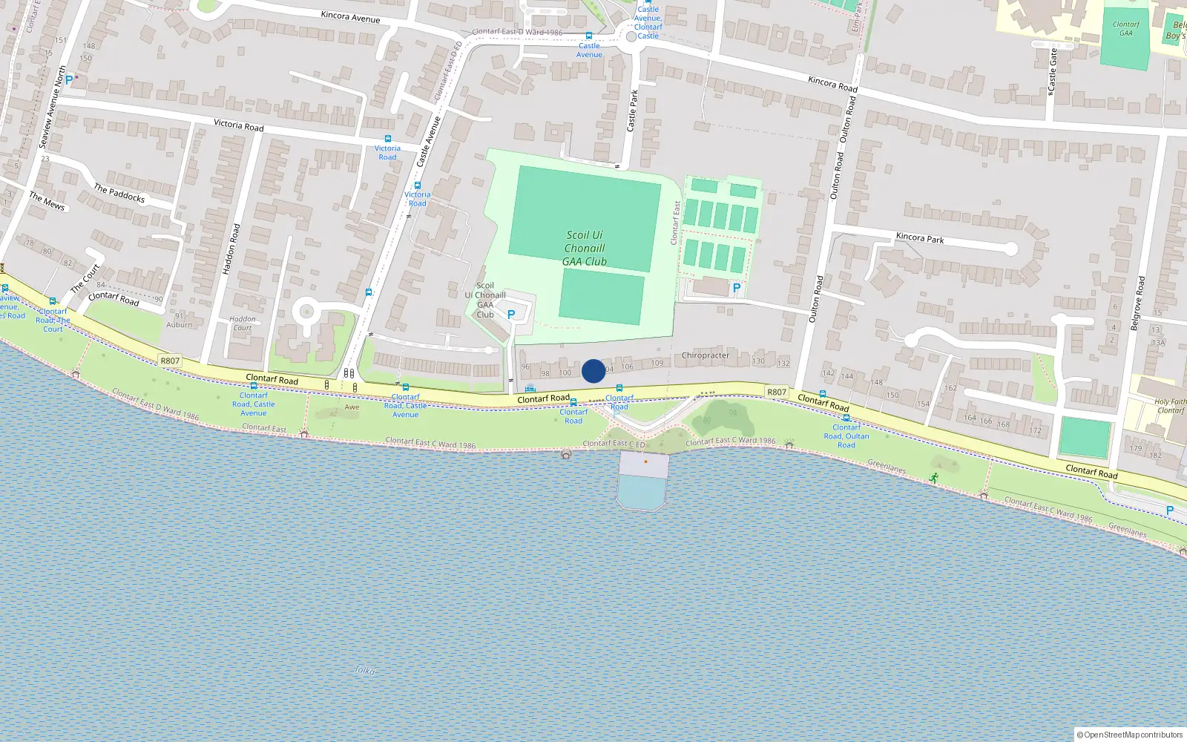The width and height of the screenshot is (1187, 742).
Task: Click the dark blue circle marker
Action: coord(593,371)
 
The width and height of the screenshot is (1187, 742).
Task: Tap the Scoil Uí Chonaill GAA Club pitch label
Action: coord(584,248)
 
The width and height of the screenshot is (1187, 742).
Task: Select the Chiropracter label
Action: coord(705,355)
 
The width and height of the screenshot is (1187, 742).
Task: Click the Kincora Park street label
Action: coord(920,238)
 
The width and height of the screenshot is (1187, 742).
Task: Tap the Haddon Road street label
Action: coord(231,249)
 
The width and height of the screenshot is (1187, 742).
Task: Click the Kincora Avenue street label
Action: coord(350,16)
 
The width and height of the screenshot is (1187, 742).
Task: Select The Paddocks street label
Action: coord(119,193)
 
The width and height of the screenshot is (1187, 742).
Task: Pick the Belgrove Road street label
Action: coord(1137,303)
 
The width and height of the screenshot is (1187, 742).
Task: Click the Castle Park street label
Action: coord(632,111)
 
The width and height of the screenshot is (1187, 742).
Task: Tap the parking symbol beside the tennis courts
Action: coord(736,288)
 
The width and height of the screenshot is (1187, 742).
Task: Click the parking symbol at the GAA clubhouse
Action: coord(511,315)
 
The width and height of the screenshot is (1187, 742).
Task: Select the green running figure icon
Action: coord(933,478)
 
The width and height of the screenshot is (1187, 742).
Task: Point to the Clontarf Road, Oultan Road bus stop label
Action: coord(846,436)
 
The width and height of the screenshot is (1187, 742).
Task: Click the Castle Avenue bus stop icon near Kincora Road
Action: coord(589,36)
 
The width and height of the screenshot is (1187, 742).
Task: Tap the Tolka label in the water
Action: coord(364,670)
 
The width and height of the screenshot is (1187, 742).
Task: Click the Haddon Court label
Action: coord(243,323)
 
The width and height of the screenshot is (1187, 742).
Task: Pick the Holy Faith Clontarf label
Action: coord(1171,406)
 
